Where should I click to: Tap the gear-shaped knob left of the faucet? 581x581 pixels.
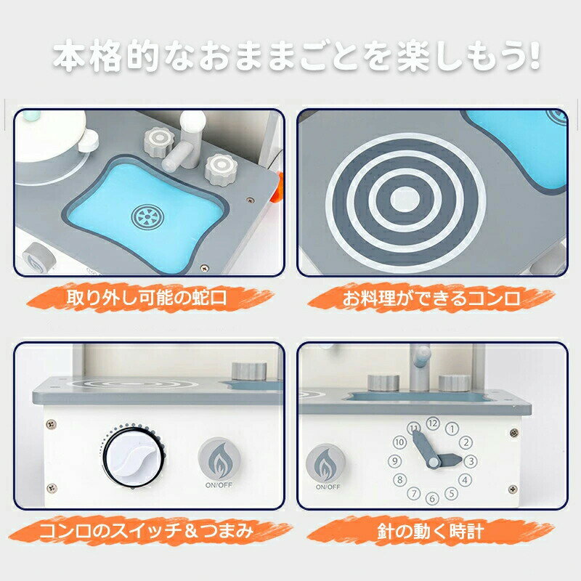click(158, 139)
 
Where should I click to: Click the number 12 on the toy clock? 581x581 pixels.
click(433, 422)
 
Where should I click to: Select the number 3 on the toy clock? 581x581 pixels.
click(471, 460)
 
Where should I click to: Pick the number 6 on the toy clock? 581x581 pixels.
click(432, 498)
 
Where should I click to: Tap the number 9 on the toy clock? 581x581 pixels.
click(394, 460)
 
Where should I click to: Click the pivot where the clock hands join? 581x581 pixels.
click(434, 461)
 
